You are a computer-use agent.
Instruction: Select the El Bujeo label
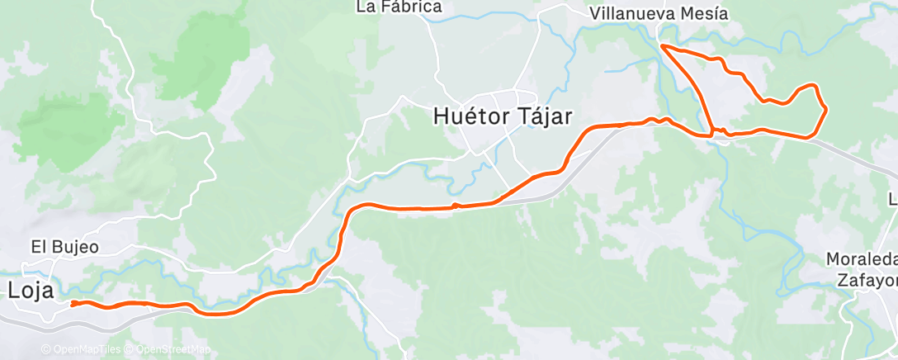click(64, 246)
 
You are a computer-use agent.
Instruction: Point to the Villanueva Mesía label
click(659, 14)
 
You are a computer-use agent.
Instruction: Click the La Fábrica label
click(399, 7)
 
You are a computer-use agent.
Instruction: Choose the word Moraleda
click(862, 259)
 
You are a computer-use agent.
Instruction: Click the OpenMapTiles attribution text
click(83, 349)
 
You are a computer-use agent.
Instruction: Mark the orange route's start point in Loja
click(73, 304)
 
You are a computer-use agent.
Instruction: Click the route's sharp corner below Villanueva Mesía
click(663, 47)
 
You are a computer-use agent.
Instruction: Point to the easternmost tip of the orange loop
click(825, 109)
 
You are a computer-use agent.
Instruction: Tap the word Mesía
click(707, 14)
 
